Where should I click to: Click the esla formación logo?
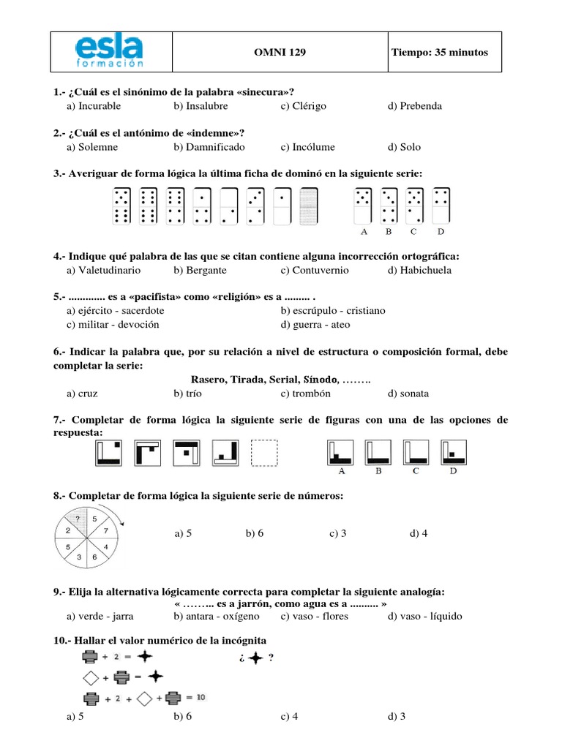[x=110, y=52]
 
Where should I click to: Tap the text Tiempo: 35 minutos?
[x=439, y=53]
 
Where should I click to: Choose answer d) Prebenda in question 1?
[x=415, y=106]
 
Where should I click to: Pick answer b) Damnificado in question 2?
[x=208, y=147]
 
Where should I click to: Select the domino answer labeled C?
[x=414, y=206]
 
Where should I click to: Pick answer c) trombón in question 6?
[x=305, y=394]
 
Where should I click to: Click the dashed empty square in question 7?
[x=265, y=453]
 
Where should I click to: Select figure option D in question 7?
[x=454, y=452]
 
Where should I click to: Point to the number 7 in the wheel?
[x=106, y=530]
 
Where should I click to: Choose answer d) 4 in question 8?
[x=419, y=534]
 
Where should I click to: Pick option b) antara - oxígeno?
[x=208, y=617]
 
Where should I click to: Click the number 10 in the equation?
[x=201, y=698]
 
